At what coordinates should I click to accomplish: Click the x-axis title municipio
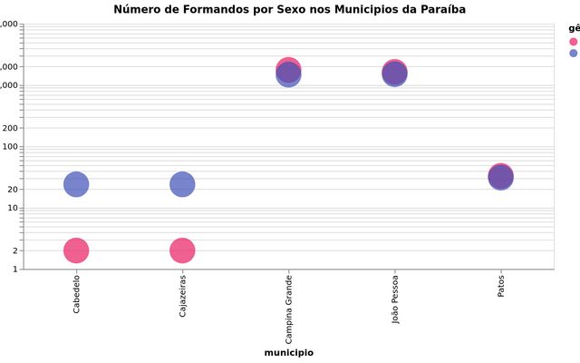point(288,352)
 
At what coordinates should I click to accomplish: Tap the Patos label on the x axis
point(500,287)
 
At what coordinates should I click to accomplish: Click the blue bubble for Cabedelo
point(77,184)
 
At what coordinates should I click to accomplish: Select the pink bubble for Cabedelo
point(77,250)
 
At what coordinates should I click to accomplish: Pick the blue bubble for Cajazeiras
point(182,184)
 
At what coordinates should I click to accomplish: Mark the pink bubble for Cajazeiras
point(182,250)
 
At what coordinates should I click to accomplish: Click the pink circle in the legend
point(573,42)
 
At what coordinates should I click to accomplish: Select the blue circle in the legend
point(573,54)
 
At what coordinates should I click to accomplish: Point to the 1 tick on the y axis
point(14,270)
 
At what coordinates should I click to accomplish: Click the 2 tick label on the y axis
point(14,250)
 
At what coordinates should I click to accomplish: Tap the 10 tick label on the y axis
point(11,208)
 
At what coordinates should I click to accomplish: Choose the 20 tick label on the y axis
point(11,189)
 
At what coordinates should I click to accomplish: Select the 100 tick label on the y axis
point(9,146)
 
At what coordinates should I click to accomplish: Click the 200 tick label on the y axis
point(9,128)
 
